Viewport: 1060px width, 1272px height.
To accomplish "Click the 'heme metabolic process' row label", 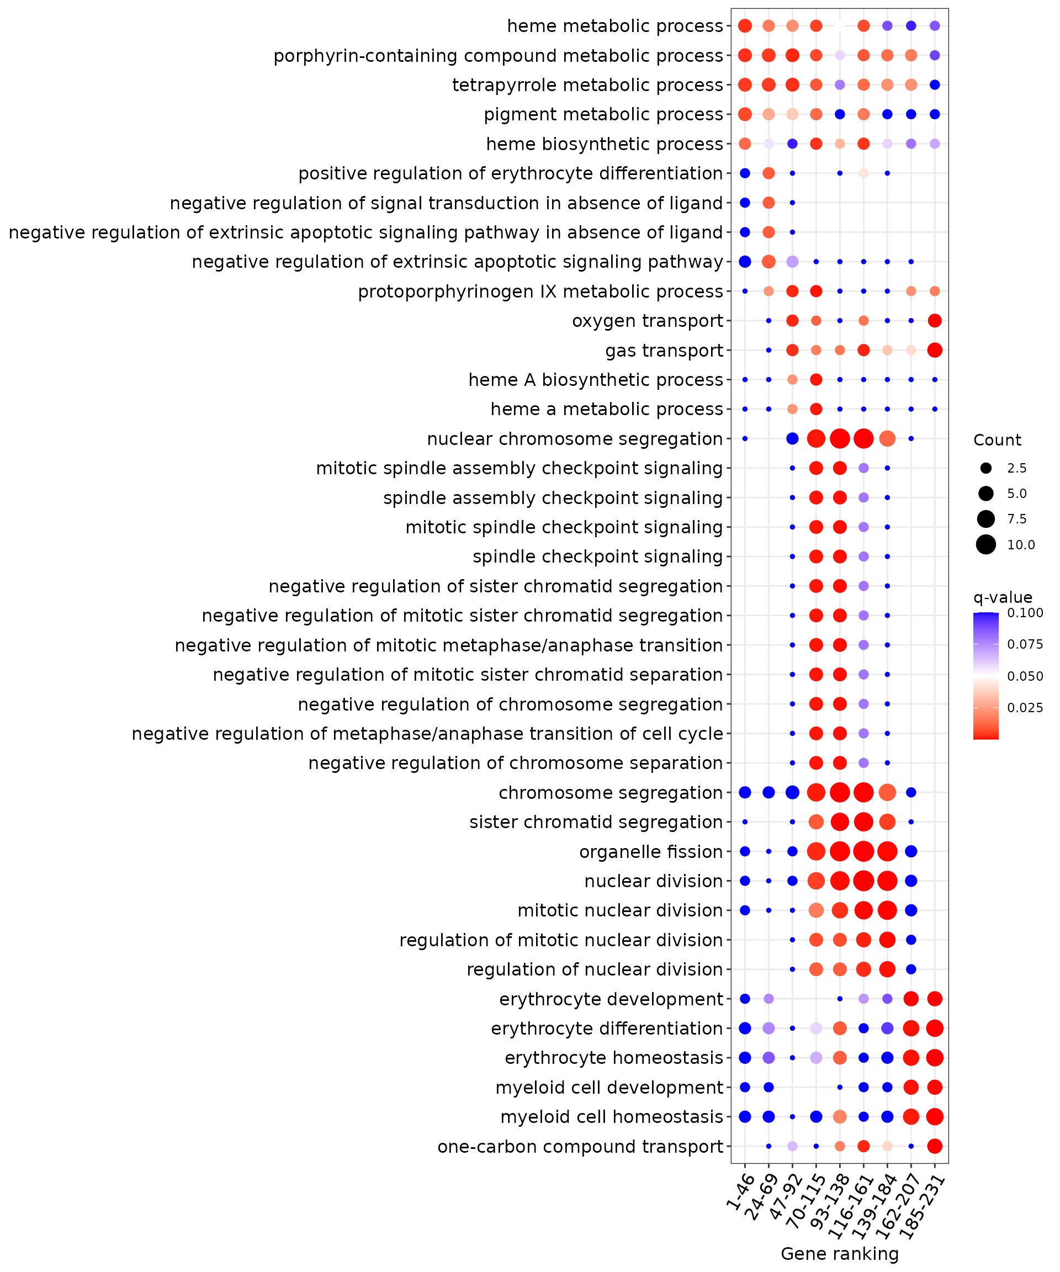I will point(615,26).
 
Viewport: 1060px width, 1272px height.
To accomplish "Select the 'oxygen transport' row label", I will point(648,321).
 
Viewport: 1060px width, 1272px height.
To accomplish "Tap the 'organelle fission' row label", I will point(651,852).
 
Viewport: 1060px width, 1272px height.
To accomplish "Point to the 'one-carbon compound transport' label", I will point(580,1147).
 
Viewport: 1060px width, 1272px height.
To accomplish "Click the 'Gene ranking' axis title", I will point(840,1254).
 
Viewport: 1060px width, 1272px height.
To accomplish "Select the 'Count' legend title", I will point(997,441).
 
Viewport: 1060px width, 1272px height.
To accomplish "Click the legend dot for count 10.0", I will point(986,544).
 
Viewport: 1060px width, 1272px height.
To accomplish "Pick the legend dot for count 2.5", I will point(986,468).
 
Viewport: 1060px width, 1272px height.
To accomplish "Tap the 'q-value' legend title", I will point(1003,598).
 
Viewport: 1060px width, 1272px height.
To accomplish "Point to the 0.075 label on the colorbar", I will point(1025,644).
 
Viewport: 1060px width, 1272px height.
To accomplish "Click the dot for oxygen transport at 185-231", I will point(935,321).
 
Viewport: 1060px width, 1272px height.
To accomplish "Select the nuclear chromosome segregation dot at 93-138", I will point(840,438).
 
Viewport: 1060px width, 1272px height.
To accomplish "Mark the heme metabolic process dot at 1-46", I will point(745,26).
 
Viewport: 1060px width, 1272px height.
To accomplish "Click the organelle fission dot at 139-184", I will point(887,852).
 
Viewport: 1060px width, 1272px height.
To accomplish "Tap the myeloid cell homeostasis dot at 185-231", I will point(935,1117).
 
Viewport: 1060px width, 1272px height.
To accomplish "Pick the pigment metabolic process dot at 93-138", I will point(840,114).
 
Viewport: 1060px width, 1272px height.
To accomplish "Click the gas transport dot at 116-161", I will point(864,350).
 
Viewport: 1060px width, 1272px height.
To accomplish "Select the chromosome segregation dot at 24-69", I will point(768,792).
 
